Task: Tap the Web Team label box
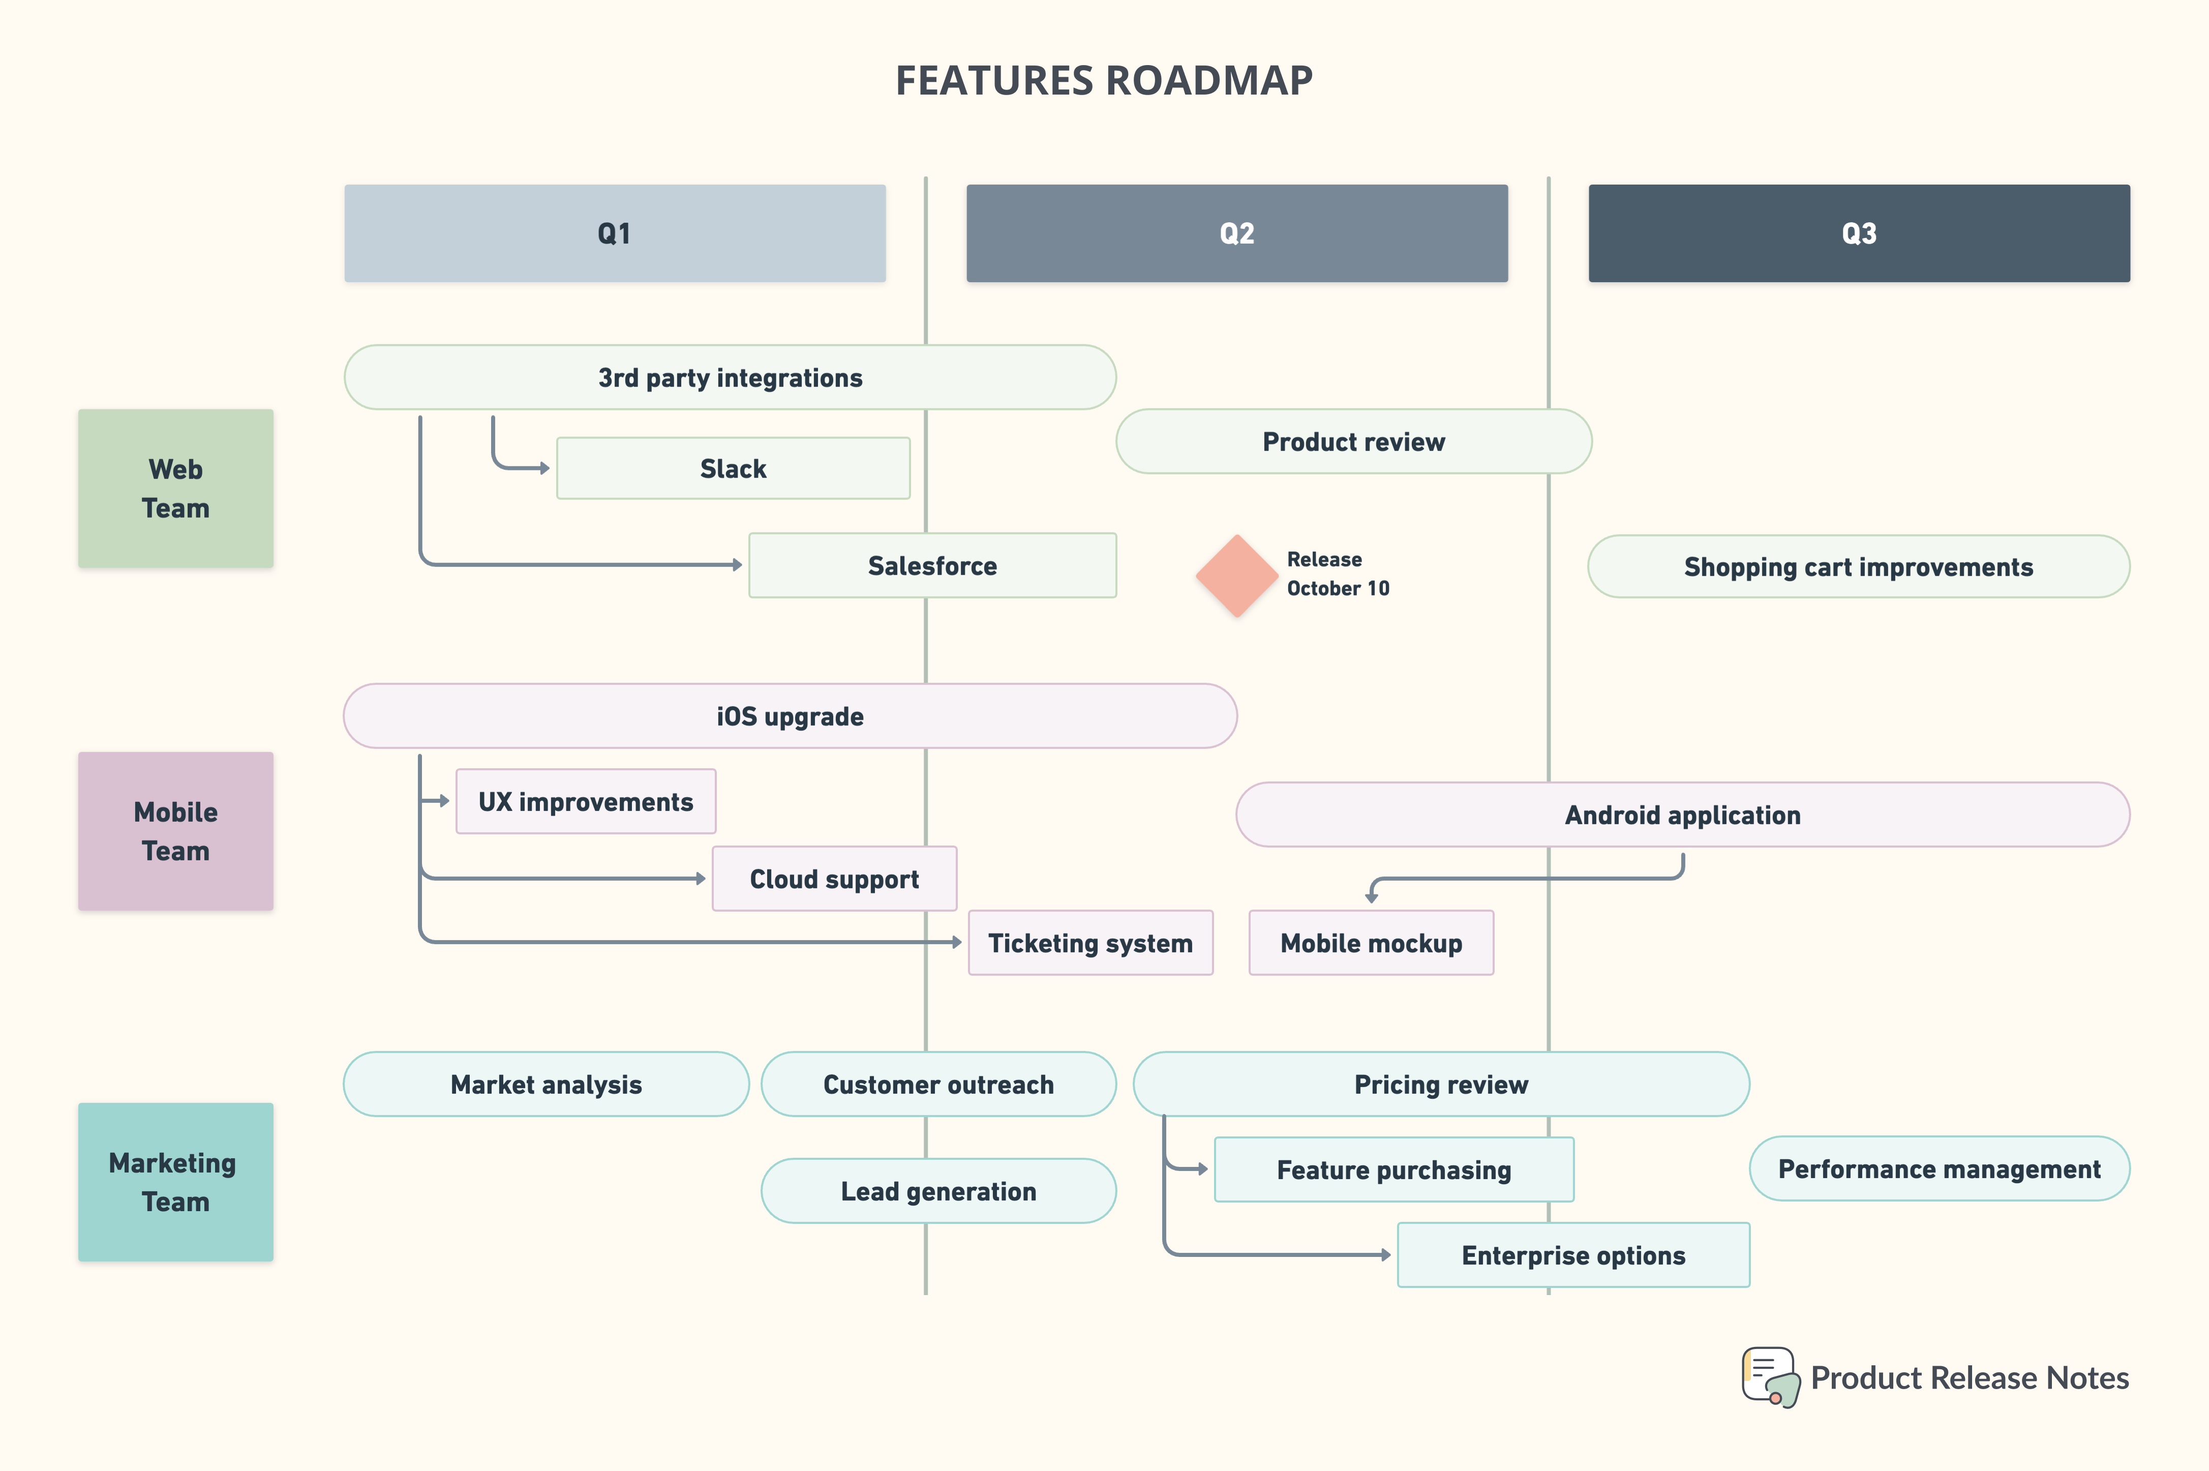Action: pos(175,488)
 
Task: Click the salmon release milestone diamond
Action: pos(1236,575)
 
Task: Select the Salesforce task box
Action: pos(932,566)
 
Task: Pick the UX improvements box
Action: pos(585,801)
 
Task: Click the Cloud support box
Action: pos(834,879)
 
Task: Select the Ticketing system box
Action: pos(1090,943)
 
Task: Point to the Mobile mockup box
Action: pos(1371,943)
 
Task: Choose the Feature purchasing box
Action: pos(1394,1170)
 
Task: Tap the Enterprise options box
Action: pos(1573,1255)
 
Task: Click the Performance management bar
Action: pos(1939,1169)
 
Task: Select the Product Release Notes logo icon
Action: pos(1771,1377)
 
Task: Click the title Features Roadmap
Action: pos(1104,81)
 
